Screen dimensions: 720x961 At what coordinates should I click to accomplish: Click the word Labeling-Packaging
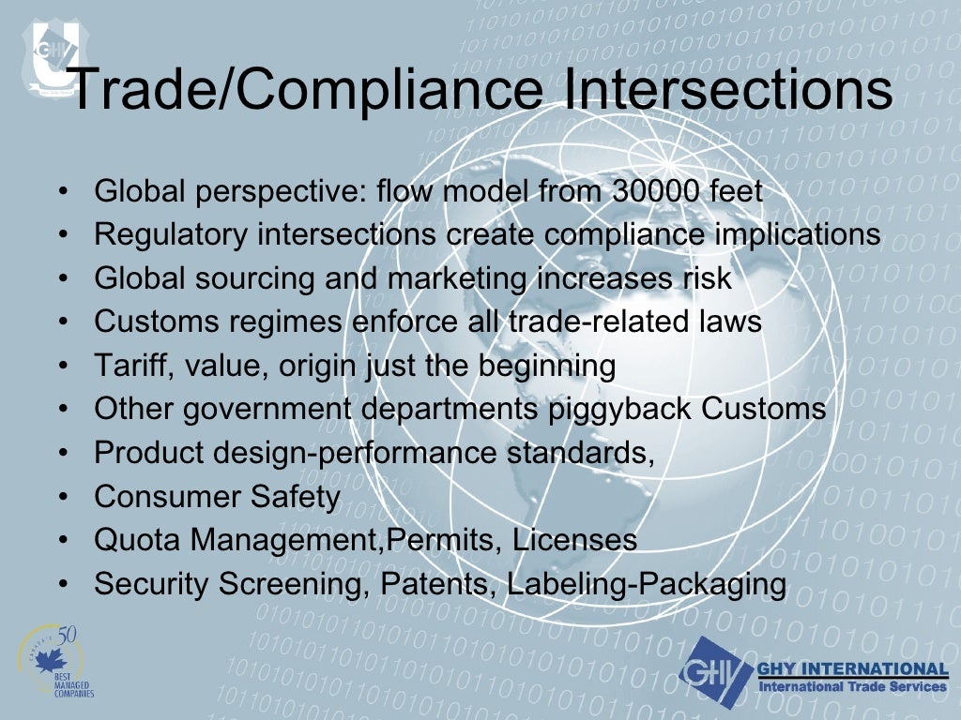pos(646,584)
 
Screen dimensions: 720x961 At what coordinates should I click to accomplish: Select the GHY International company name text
pos(851,668)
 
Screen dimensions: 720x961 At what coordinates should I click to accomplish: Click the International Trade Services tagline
pos(851,687)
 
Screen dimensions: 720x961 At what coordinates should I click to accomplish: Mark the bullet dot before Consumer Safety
pos(62,497)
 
